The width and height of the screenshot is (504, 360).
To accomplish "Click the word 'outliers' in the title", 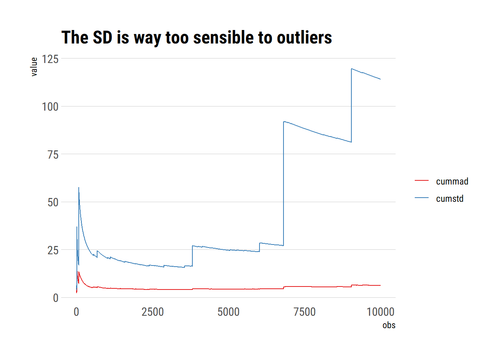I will point(304,37).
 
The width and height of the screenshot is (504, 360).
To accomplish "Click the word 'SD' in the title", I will point(102,37).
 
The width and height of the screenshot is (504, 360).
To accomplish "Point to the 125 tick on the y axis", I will point(50,59).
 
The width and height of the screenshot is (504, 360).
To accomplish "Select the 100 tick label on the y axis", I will point(50,107).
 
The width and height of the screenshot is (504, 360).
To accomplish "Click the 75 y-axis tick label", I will point(53,154).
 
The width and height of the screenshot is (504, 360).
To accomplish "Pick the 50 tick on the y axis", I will point(53,202).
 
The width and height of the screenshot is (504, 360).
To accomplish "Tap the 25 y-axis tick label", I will point(53,250).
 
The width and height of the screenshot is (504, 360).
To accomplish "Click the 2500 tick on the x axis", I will point(153,312).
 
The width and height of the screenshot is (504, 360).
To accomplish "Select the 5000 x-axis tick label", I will point(228,312).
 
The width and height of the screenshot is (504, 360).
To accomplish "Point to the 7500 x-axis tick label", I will point(304,312).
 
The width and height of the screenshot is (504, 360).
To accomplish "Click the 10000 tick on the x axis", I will point(380,312).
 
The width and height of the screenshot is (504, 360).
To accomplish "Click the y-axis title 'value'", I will point(34,67).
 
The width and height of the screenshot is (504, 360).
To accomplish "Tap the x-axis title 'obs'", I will point(389,325).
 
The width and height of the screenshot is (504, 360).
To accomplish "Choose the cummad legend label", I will point(452,181).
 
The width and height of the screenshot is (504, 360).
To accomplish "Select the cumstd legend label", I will point(450,199).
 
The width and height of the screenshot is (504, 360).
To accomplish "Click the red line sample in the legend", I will point(421,181).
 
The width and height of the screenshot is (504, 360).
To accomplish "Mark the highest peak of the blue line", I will point(352,69).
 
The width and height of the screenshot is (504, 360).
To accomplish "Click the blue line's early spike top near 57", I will point(79,187).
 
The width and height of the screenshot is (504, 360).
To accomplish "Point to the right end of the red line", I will point(380,285).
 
